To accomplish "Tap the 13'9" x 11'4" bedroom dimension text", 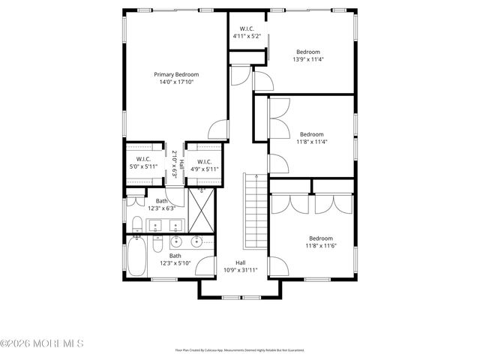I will [307, 59].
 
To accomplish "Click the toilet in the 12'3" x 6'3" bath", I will [137, 223].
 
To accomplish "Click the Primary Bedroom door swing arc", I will [217, 129].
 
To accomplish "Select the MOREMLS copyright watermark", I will [43, 343].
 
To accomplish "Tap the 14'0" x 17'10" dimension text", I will [175, 82].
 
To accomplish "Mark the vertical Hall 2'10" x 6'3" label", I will [177, 163].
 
